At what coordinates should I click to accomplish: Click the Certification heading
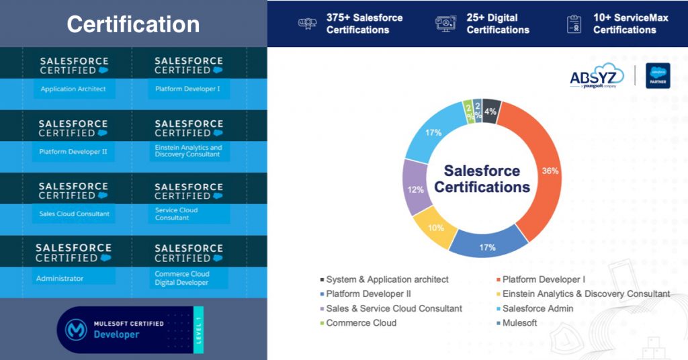point(133,25)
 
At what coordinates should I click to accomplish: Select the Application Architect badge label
point(73,89)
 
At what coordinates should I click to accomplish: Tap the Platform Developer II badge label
point(73,151)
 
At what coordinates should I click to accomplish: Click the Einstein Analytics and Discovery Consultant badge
point(188,150)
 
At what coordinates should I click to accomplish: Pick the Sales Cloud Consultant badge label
point(74,214)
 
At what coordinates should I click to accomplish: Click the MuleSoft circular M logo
point(76,330)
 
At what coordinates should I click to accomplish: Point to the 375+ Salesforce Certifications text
point(364,24)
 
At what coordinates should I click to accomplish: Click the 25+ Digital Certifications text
point(498,24)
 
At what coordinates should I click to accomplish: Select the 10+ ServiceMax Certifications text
point(630,24)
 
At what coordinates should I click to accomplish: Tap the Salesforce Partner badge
point(658,76)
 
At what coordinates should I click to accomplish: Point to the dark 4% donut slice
point(491,111)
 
